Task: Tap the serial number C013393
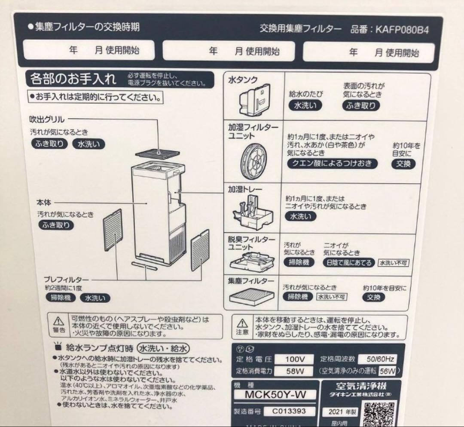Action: pyautogui.click(x=289, y=411)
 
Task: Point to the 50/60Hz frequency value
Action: pyautogui.click(x=379, y=359)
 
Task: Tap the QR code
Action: pyautogui.click(x=379, y=413)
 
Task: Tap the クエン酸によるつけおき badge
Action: pyautogui.click(x=333, y=163)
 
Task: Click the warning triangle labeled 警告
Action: pyautogui.click(x=58, y=323)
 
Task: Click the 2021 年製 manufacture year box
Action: pyautogui.click(x=338, y=412)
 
